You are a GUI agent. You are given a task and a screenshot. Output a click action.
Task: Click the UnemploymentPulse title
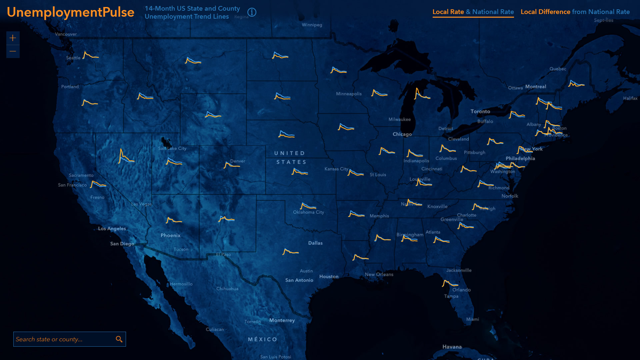(70, 12)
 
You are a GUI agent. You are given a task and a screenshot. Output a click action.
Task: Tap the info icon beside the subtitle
(252, 12)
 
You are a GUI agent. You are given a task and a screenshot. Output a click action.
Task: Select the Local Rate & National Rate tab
(473, 12)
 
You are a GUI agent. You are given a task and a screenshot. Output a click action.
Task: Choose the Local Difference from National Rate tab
(575, 12)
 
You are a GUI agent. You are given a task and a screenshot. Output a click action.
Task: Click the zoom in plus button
(13, 38)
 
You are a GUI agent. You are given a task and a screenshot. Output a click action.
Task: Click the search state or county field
(63, 339)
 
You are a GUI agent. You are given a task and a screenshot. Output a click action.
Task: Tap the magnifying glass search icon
(119, 339)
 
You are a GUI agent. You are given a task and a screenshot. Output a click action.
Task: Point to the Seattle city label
(73, 58)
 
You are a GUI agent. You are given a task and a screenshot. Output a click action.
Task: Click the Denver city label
(238, 161)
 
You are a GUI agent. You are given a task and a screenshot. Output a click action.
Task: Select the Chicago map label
(402, 134)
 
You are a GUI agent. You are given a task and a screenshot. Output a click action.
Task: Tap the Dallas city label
(315, 243)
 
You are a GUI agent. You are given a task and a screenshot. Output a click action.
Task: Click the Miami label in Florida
(472, 319)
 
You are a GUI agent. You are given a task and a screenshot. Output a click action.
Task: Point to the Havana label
(452, 347)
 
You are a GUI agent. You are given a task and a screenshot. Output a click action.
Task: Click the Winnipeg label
(312, 25)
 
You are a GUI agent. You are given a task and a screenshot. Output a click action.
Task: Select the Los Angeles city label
(112, 228)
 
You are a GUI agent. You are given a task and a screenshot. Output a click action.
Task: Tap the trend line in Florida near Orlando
(450, 284)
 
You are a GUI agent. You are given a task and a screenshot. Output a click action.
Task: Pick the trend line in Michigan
(421, 95)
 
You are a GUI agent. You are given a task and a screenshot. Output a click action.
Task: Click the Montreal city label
(536, 87)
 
